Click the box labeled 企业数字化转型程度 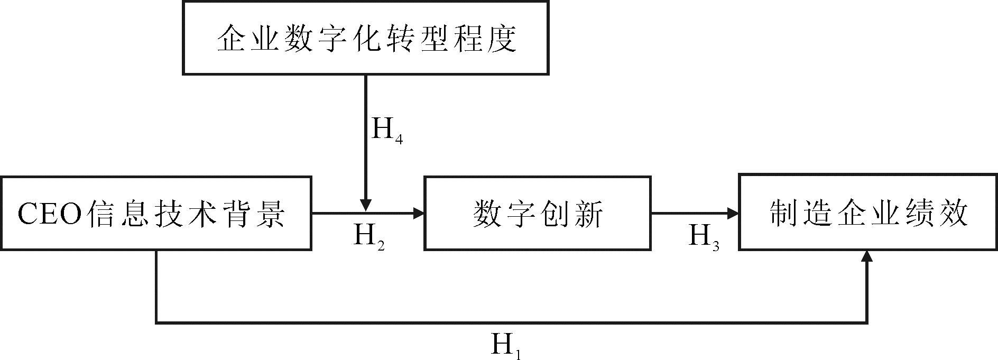[365, 38]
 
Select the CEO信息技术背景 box [156, 213]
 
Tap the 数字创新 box [538, 213]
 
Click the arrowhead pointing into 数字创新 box [419, 213]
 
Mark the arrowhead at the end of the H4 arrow [365, 205]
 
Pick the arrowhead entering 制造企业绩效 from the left [733, 213]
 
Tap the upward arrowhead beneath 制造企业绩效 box [866, 256]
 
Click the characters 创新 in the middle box [571, 214]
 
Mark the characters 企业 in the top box [249, 39]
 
